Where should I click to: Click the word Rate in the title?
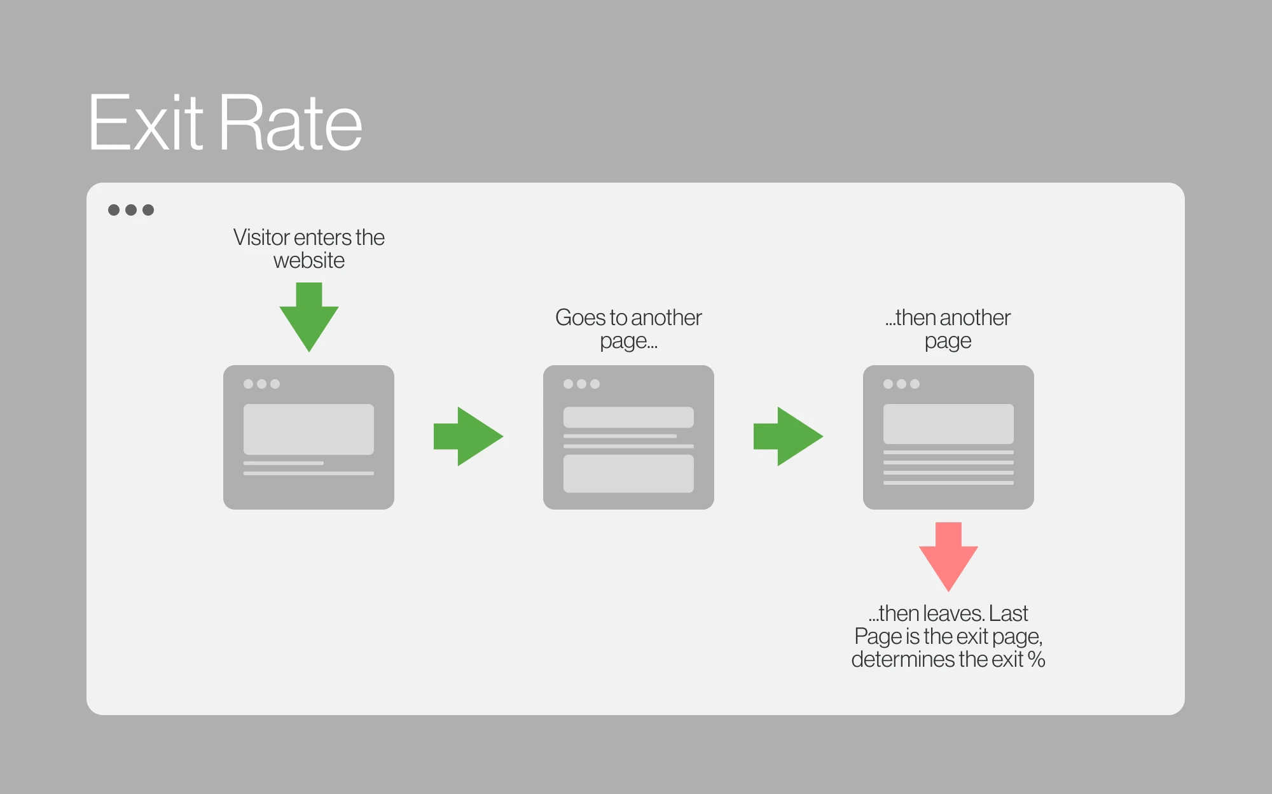[291, 122]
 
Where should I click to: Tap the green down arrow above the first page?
[309, 317]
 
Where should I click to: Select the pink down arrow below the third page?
[948, 557]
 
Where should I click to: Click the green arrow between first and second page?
[468, 436]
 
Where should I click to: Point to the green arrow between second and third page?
[788, 436]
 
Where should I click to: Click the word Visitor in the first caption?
[261, 237]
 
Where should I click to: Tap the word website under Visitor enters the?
[309, 261]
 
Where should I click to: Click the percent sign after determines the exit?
[1036, 659]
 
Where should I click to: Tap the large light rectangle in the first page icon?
[308, 429]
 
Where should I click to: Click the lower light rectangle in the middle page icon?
[628, 473]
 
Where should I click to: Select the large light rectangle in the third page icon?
[948, 424]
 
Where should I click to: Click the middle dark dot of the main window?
[131, 210]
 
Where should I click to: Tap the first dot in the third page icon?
[888, 384]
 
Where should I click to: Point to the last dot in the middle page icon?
[595, 384]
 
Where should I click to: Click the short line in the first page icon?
[284, 463]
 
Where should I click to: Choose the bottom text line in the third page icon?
[948, 483]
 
